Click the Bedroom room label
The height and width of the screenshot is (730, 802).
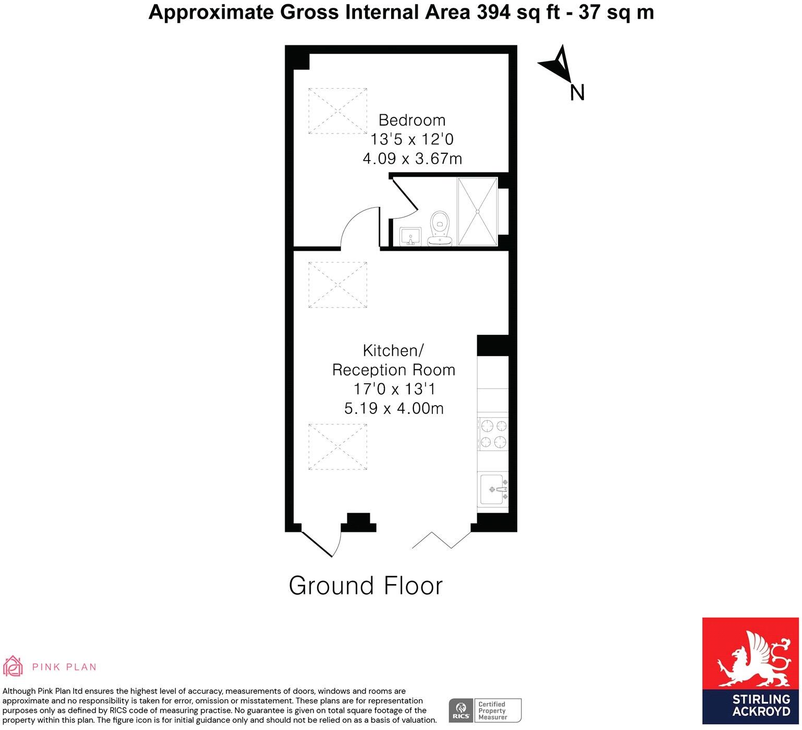(412, 120)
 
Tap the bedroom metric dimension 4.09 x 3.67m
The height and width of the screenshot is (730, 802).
(412, 159)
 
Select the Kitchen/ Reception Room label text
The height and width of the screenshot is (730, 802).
(394, 360)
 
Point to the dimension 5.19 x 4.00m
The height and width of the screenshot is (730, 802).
(394, 408)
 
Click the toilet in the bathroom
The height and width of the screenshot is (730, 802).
(440, 228)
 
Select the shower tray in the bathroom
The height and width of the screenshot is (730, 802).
(477, 211)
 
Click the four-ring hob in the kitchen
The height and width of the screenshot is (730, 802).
(493, 434)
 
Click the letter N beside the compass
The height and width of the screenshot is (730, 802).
(577, 93)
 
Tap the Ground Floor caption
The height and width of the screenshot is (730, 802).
(366, 586)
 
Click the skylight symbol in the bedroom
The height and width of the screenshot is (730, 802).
(337, 111)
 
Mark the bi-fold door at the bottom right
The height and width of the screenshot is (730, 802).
(441, 540)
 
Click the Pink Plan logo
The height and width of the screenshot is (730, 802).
(50, 666)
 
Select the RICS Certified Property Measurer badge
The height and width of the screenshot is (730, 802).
(485, 710)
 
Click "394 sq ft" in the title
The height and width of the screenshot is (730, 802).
(525, 12)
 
